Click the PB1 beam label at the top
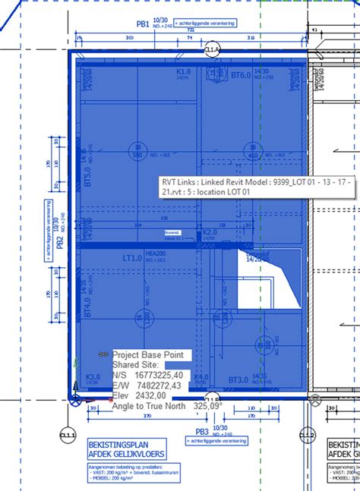[x=143, y=24]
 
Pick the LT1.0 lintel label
[x=134, y=258]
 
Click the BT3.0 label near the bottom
[x=239, y=379]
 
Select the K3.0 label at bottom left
[x=93, y=376]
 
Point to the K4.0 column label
[x=201, y=377]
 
